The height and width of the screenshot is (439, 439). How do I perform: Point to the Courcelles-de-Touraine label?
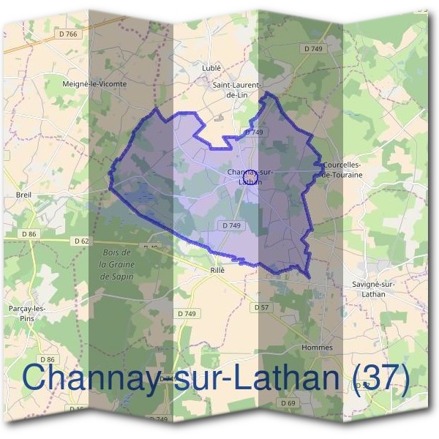(x=342, y=170)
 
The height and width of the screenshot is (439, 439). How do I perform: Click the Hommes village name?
(x=317, y=347)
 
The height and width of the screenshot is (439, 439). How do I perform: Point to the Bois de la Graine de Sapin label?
(x=116, y=263)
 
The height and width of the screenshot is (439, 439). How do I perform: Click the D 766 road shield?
(x=67, y=34)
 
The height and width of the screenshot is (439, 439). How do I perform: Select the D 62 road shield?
(x=81, y=240)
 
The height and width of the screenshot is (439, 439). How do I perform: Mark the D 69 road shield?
(x=288, y=403)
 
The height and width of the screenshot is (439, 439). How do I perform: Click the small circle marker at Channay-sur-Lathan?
(x=250, y=177)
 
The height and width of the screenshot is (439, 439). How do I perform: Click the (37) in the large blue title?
(x=380, y=378)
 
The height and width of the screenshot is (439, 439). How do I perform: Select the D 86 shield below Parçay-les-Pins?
(x=48, y=359)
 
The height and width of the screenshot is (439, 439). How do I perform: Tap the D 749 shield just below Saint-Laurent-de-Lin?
(x=254, y=132)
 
